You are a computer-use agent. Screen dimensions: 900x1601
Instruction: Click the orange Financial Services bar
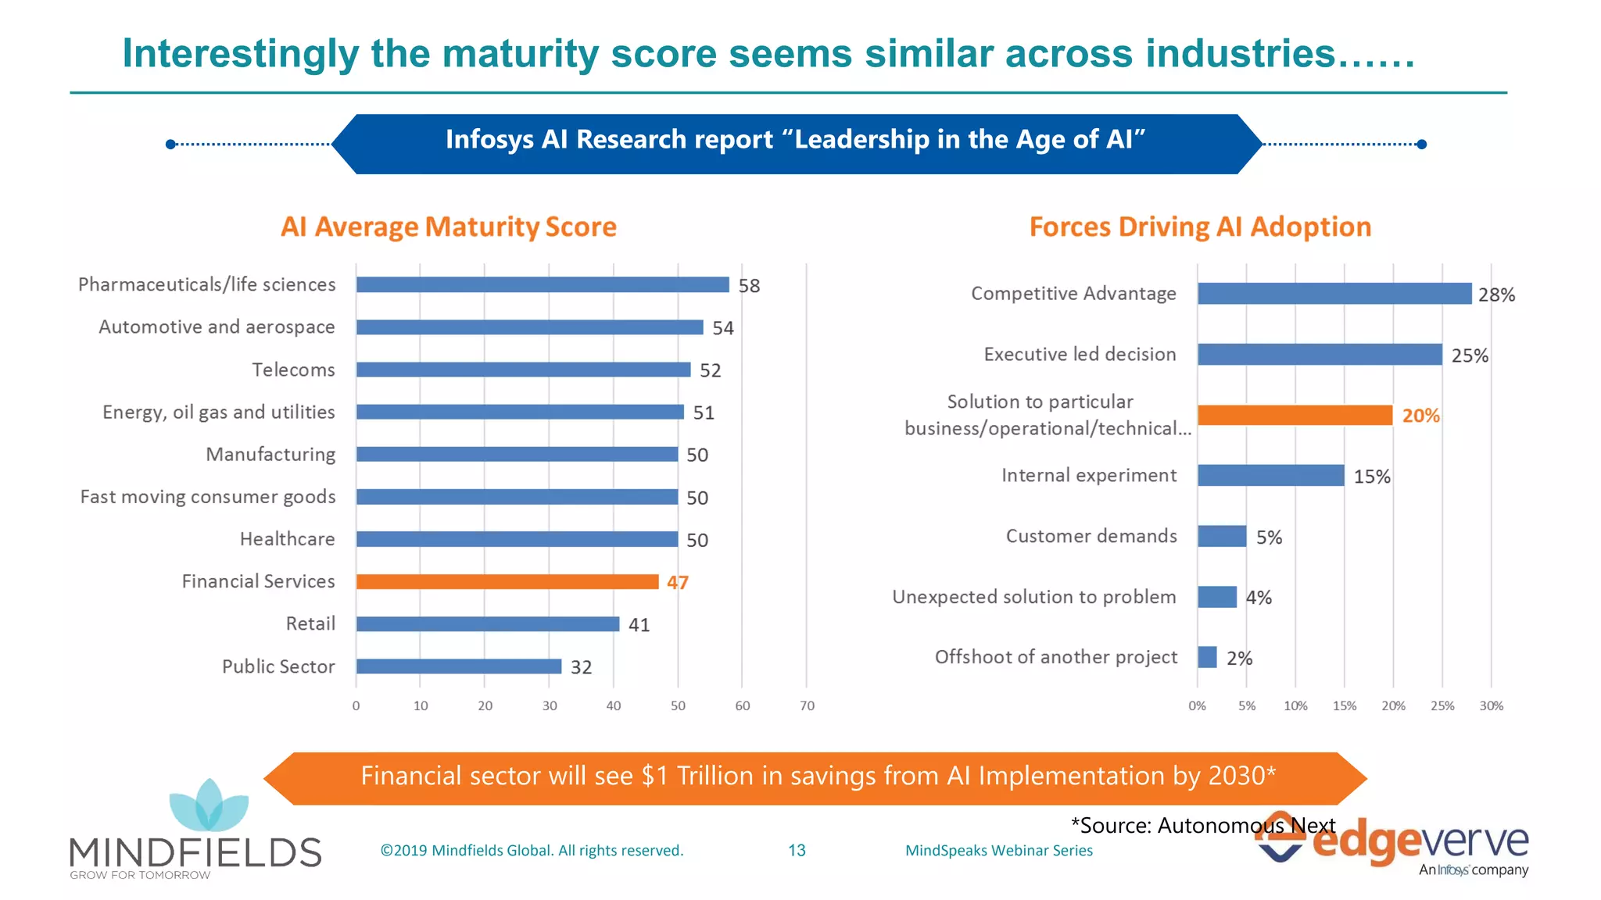click(507, 582)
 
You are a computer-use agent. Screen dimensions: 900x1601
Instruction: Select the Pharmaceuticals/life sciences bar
click(543, 285)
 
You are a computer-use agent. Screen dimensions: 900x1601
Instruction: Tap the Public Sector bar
click(459, 666)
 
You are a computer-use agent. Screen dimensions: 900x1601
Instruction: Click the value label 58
click(749, 286)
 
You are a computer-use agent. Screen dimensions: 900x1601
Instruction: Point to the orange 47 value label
click(677, 583)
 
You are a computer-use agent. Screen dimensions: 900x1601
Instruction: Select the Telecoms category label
click(293, 370)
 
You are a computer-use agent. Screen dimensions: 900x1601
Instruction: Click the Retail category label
click(310, 623)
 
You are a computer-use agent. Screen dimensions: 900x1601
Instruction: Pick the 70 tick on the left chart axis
click(807, 705)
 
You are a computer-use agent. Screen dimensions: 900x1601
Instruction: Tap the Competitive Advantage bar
click(1334, 294)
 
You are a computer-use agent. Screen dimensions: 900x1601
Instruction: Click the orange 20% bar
click(1295, 416)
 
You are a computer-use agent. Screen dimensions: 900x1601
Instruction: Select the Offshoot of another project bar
click(1207, 657)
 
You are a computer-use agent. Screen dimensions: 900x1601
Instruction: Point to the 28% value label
click(1496, 295)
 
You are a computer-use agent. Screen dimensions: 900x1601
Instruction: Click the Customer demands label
click(1091, 536)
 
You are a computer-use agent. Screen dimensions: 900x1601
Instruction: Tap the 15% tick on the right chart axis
click(1344, 705)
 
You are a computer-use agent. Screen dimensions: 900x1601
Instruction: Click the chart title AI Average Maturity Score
click(449, 227)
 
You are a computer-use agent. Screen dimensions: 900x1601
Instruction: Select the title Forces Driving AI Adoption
click(1200, 227)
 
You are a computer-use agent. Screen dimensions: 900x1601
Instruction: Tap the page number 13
click(797, 850)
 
